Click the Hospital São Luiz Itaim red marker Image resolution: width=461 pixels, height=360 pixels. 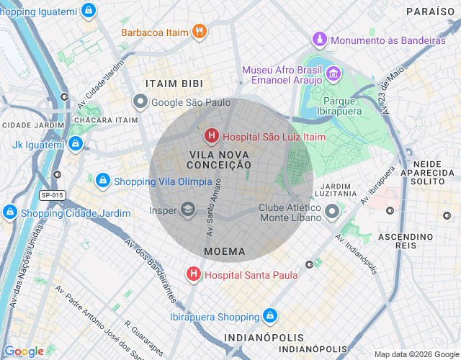[212, 135]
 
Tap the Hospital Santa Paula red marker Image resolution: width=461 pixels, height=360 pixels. [194, 274]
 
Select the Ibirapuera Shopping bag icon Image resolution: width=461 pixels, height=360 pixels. [269, 316]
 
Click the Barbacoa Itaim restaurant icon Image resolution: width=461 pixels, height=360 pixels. [200, 31]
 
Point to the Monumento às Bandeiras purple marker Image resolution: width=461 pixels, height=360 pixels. [319, 40]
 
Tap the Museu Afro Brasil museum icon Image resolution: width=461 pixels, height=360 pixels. [334, 73]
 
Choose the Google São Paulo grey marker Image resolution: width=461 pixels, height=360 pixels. [140, 102]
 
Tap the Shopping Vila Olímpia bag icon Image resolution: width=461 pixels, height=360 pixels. [103, 180]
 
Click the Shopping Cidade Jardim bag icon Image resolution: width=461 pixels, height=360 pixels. [10, 212]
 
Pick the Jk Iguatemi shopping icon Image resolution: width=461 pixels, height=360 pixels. [75, 145]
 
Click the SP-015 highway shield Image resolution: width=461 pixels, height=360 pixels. [52, 195]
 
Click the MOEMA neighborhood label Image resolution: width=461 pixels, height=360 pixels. [224, 252]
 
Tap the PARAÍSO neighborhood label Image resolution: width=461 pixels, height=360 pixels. [431, 12]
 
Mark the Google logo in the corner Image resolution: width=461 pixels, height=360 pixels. [24, 351]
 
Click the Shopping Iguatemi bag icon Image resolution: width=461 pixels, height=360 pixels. [87, 10]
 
